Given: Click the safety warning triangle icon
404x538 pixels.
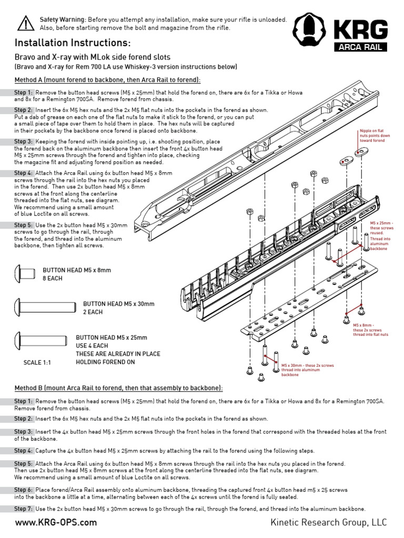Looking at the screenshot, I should (25, 23).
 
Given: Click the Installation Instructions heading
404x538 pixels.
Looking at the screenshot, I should (73, 43).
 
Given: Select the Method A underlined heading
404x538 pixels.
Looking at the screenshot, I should (107, 80).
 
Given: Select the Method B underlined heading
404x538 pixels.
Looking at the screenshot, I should (118, 388).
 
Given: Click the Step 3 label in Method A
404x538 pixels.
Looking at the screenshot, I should (24, 142).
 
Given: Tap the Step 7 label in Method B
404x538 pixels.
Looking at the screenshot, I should (24, 509).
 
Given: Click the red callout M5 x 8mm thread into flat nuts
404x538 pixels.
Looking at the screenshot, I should (370, 330).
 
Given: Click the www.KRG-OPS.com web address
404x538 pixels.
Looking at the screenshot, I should (56, 523).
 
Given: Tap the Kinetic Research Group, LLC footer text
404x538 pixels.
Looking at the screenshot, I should (328, 523).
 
